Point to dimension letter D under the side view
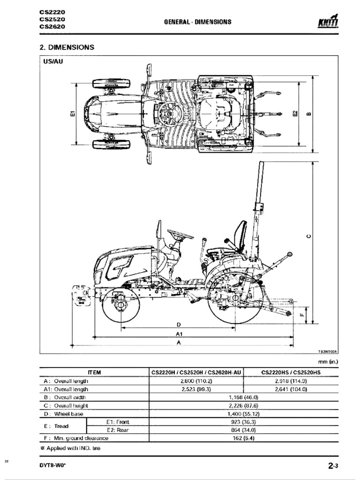point(179,324)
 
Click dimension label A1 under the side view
point(179,334)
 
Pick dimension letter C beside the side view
point(307,236)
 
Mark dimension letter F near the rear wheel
point(301,315)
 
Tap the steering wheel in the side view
point(180,234)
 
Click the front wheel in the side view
point(120,306)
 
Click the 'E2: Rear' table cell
point(117,430)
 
